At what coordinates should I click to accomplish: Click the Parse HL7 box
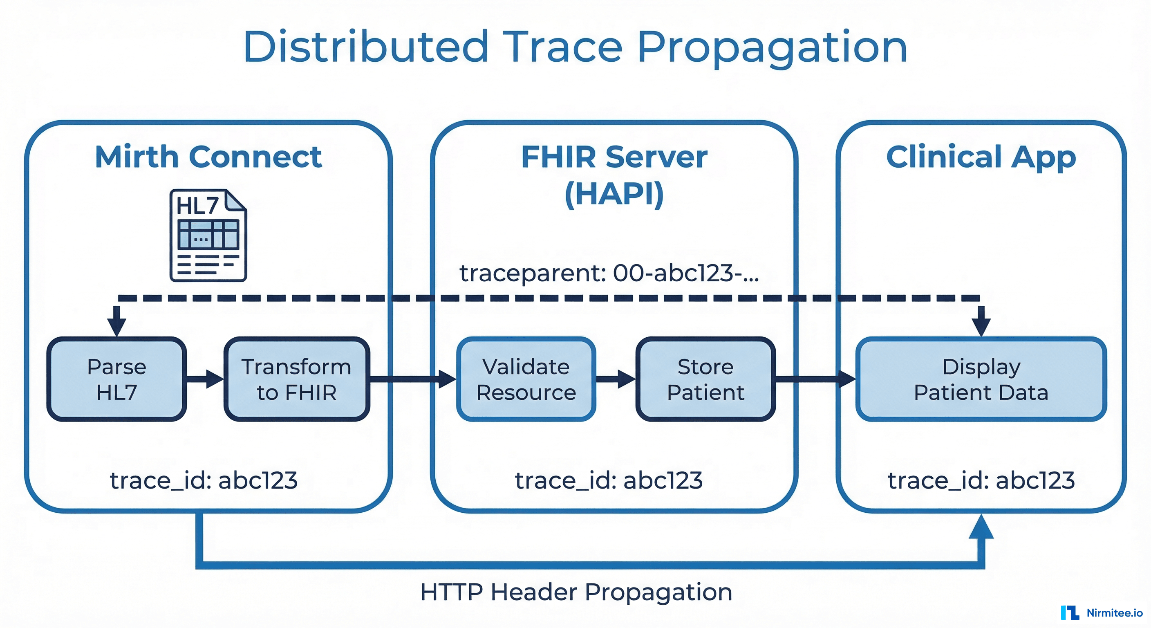116,379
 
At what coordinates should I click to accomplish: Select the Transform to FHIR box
297,379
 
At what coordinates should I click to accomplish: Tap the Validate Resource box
526,379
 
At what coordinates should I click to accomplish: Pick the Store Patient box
705,379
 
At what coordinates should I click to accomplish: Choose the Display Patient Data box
981,379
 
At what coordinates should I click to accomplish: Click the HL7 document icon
208,235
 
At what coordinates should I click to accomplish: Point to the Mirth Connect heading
208,157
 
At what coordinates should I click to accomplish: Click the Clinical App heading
981,157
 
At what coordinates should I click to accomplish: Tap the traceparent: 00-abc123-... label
609,273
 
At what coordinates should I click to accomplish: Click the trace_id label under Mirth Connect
204,480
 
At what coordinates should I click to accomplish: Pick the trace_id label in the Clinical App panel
981,480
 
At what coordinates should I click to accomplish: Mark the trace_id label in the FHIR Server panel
609,480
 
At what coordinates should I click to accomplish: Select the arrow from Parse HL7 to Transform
205,379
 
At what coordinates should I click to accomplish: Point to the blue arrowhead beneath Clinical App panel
981,527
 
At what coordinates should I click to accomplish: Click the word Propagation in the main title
772,47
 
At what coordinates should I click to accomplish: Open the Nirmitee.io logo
1102,613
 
